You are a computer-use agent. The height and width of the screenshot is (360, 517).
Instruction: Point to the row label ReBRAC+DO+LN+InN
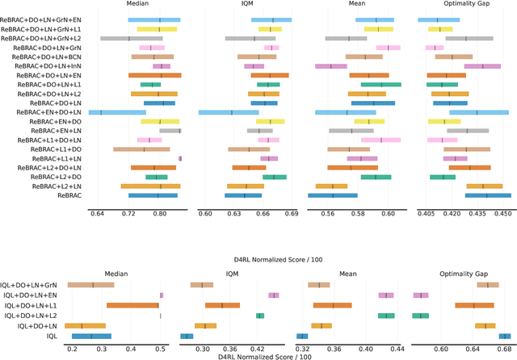tap(44, 66)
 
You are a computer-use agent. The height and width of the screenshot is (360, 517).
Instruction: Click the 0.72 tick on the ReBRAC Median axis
tap(128, 214)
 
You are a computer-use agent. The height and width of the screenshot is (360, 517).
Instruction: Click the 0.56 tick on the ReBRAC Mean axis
tap(328, 214)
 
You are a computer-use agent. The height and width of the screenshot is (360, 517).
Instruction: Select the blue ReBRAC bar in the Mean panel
tap(332, 195)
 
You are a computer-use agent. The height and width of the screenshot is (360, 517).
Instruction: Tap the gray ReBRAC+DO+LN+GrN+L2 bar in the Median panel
tap(131, 38)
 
